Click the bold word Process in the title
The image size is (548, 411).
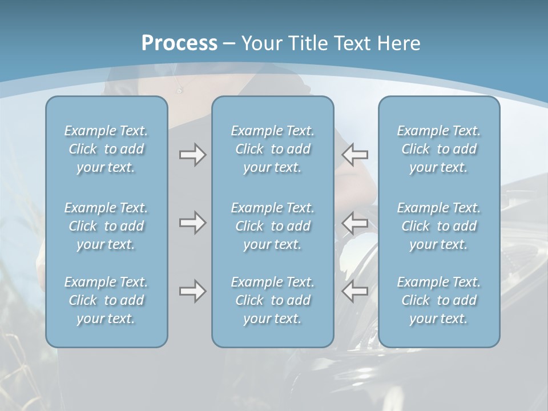click(x=179, y=43)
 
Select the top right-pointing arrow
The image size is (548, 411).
click(x=192, y=155)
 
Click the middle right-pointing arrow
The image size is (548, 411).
click(x=192, y=223)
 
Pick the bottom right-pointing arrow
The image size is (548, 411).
click(x=192, y=291)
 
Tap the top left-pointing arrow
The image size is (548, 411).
click(x=355, y=155)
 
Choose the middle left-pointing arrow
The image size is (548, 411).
click(x=355, y=223)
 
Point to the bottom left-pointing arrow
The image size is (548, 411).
click(x=355, y=291)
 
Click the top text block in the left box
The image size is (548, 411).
click(x=106, y=149)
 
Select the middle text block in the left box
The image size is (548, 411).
click(x=106, y=226)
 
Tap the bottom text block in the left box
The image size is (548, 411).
click(x=106, y=300)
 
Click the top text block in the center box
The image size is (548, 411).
click(x=273, y=149)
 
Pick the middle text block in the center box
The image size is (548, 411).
click(x=273, y=226)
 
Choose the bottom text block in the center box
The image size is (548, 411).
click(x=273, y=300)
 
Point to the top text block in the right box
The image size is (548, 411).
click(x=439, y=149)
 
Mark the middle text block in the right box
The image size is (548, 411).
click(x=439, y=226)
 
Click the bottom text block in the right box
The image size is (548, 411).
click(x=439, y=300)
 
